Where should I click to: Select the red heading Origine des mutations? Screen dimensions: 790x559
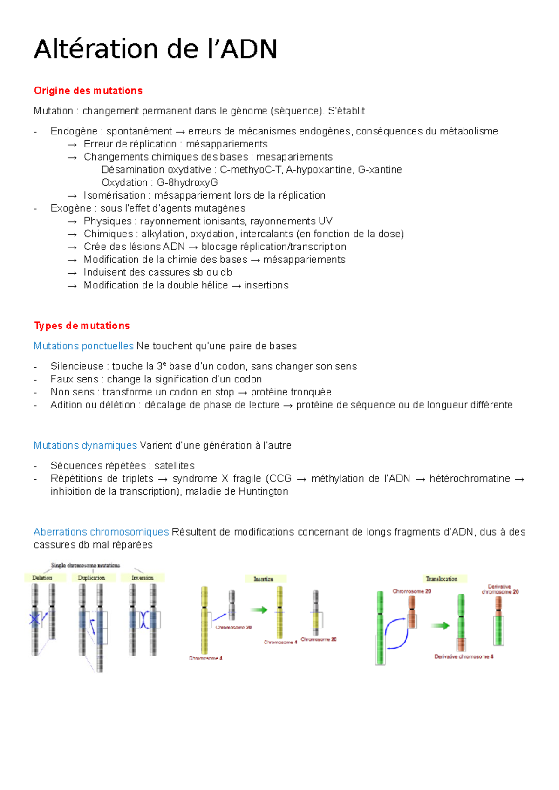pyautogui.click(x=88, y=91)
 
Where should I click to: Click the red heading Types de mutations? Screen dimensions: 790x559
pyautogui.click(x=82, y=326)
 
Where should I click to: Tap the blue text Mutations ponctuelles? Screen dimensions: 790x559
pyautogui.click(x=83, y=346)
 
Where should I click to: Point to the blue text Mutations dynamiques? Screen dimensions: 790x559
pyautogui.click(x=85, y=445)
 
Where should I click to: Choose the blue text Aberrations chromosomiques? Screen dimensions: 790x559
pyautogui.click(x=101, y=532)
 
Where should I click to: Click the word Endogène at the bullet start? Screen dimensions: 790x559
pyautogui.click(x=74, y=131)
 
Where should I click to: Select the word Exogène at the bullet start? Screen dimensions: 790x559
pyautogui.click(x=71, y=208)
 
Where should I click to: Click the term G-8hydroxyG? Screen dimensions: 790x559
pyautogui.click(x=187, y=182)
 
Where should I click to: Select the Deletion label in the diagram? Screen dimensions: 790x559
pyautogui.click(x=42, y=578)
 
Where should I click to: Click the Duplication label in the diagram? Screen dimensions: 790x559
pyautogui.click(x=91, y=578)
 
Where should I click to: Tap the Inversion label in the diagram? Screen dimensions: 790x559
pyautogui.click(x=142, y=578)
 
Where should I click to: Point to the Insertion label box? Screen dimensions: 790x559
pyautogui.click(x=264, y=579)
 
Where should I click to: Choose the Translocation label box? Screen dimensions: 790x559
pyautogui.click(x=441, y=579)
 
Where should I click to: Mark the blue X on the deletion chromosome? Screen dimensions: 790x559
pyautogui.click(x=34, y=619)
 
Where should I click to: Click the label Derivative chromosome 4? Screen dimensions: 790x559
pyautogui.click(x=464, y=656)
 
